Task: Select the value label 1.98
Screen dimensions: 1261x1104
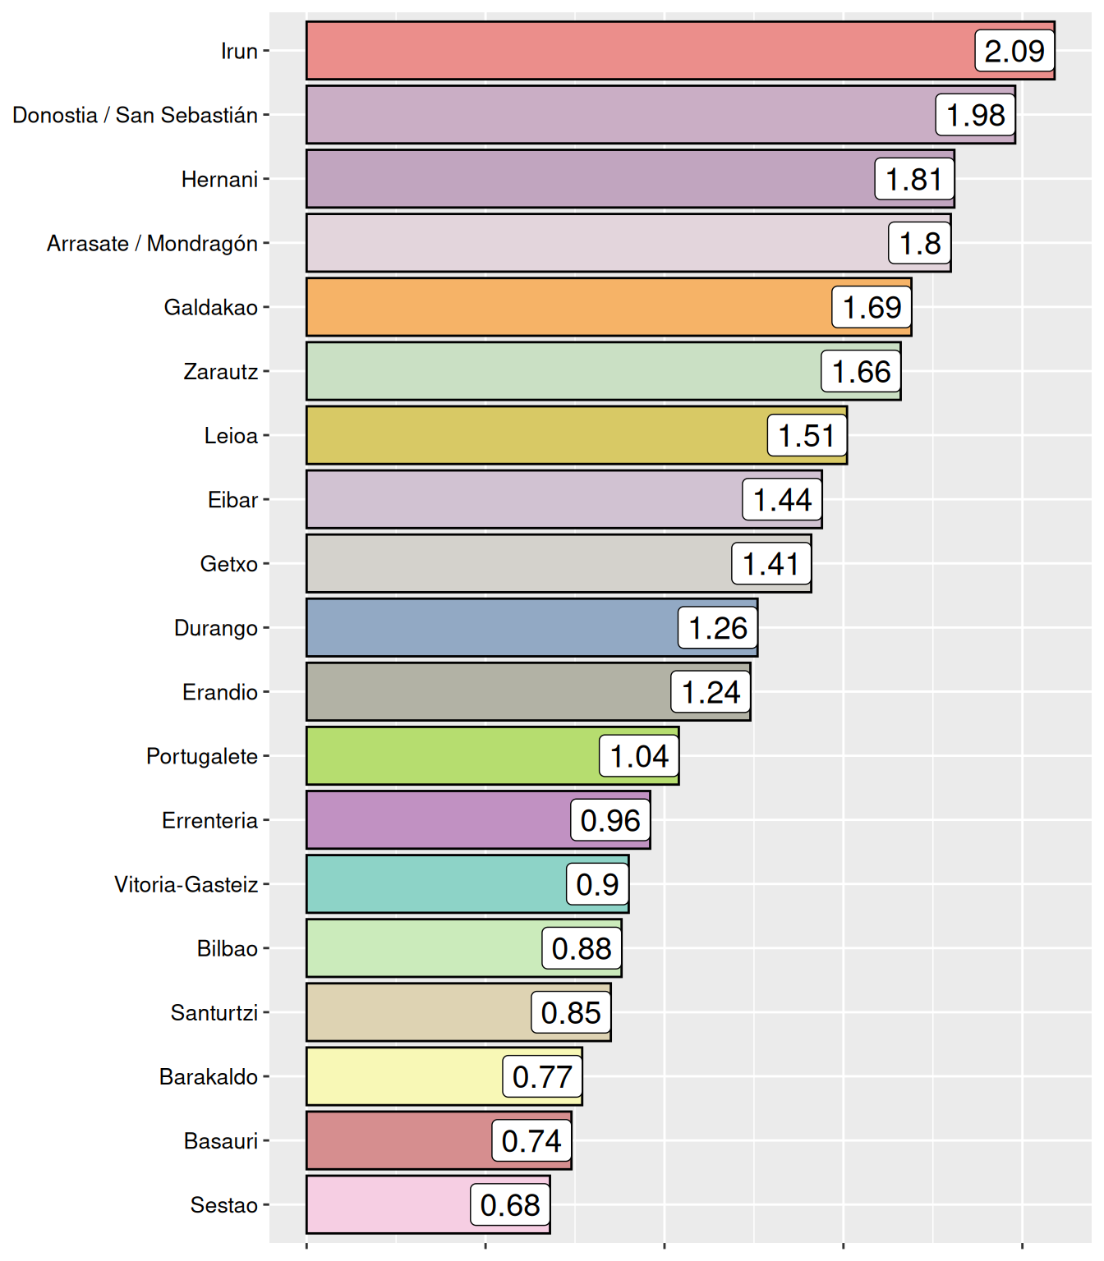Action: pos(976,115)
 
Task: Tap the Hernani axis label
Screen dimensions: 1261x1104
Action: pos(219,179)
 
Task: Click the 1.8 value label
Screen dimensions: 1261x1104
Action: pos(920,243)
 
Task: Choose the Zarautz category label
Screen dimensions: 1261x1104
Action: pos(220,372)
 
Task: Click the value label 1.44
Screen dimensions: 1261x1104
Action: pos(782,500)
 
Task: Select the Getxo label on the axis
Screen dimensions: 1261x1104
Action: pos(228,564)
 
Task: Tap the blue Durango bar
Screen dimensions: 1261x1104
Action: pos(491,628)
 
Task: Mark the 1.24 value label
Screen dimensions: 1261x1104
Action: pos(711,692)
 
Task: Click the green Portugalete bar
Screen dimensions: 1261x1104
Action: pos(452,756)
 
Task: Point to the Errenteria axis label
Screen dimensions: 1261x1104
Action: pos(209,820)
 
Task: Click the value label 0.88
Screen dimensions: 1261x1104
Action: pos(582,948)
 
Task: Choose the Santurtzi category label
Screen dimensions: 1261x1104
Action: pos(214,1012)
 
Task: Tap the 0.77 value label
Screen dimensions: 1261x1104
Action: pos(542,1076)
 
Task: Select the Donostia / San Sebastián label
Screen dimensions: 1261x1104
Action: pos(135,115)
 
